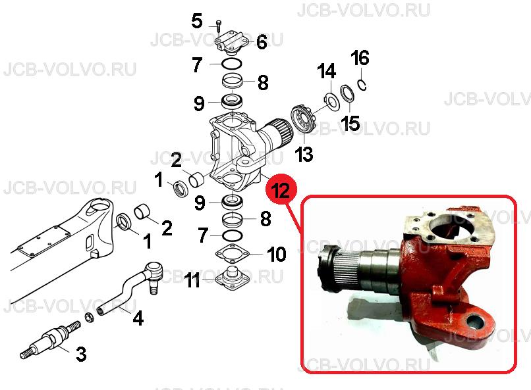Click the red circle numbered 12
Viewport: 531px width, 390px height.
click(x=281, y=190)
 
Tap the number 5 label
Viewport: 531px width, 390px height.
click(x=197, y=21)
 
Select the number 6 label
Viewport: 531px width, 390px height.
click(x=262, y=42)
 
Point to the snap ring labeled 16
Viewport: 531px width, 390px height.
click(x=362, y=84)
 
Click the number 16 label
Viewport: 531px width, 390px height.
click(x=360, y=58)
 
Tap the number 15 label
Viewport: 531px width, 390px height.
click(x=350, y=123)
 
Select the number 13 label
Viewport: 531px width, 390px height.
click(x=304, y=154)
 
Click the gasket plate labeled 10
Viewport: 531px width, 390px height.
click(x=233, y=253)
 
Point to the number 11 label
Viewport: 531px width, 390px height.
click(x=192, y=281)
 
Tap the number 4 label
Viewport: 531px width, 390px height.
click(x=138, y=318)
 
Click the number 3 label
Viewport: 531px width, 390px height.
click(x=81, y=354)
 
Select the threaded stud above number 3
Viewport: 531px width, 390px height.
click(x=51, y=339)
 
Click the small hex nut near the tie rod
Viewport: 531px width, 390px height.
click(x=90, y=318)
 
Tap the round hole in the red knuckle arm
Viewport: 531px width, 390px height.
click(x=475, y=322)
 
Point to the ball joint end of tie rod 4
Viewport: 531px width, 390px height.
click(x=153, y=275)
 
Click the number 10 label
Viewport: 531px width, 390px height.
click(x=276, y=254)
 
